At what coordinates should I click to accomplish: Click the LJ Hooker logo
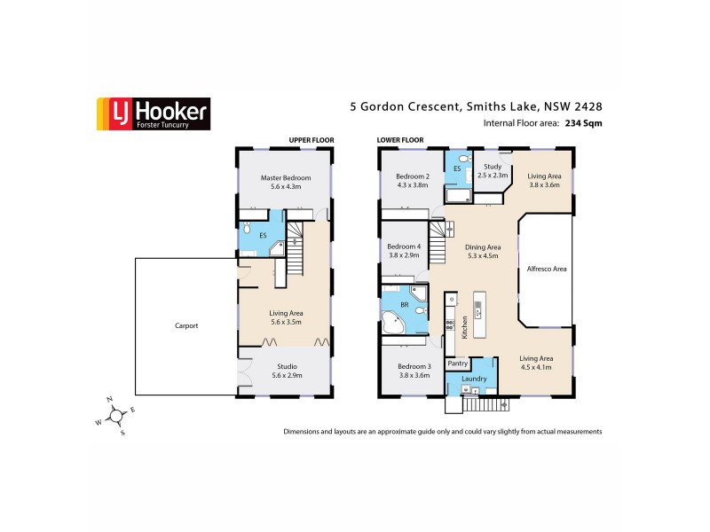pyautogui.click(x=153, y=113)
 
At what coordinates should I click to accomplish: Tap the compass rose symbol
pyautogui.click(x=114, y=416)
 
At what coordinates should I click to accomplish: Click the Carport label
pyautogui.click(x=186, y=325)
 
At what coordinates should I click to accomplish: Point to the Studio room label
pyautogui.click(x=285, y=371)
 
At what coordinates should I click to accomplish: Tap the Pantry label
pyautogui.click(x=458, y=364)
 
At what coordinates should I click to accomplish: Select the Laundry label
pyautogui.click(x=474, y=379)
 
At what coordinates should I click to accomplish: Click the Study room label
pyautogui.click(x=493, y=170)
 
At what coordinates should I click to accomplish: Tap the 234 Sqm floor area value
pyautogui.click(x=583, y=124)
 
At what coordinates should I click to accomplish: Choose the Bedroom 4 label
pyautogui.click(x=404, y=250)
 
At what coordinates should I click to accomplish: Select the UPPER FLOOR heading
pyautogui.click(x=310, y=140)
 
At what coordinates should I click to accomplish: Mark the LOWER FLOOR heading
pyautogui.click(x=400, y=140)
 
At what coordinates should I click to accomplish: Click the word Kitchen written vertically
pyautogui.click(x=463, y=327)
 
